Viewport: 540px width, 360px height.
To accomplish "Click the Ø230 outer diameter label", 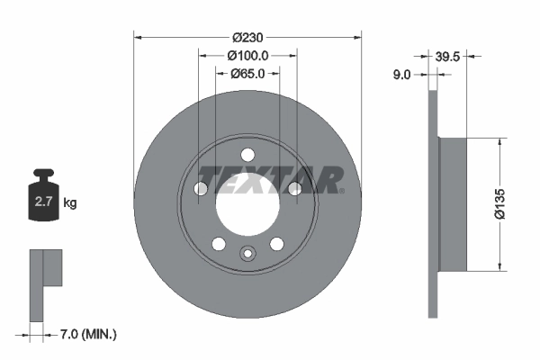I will pos(247,37).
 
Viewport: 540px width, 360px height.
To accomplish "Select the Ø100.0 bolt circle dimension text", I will pos(247,56).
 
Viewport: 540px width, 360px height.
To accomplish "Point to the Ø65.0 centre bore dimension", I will pos(247,74).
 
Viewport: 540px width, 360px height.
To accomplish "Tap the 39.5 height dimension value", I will pos(448,56).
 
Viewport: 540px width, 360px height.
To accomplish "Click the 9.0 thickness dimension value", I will pos(401,76).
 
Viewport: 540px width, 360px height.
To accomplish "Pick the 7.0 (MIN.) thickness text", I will pos(86,335).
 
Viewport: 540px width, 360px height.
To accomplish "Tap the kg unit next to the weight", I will pos(70,203).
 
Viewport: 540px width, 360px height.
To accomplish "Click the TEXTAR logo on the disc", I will pos(270,179).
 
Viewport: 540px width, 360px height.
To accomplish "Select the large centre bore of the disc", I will pos(247,199).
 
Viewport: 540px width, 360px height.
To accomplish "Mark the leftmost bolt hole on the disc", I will pos(202,187).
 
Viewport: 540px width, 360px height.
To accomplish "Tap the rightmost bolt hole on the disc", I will pos(293,187).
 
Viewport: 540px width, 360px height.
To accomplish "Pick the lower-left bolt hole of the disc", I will pos(219,242).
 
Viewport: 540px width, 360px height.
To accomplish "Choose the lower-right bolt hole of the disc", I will pos(276,242).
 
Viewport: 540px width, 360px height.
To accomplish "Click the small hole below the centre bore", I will pos(247,255).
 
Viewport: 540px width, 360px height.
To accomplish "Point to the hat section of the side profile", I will pos(454,203).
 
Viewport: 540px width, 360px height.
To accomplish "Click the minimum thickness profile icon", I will pos(45,280).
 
